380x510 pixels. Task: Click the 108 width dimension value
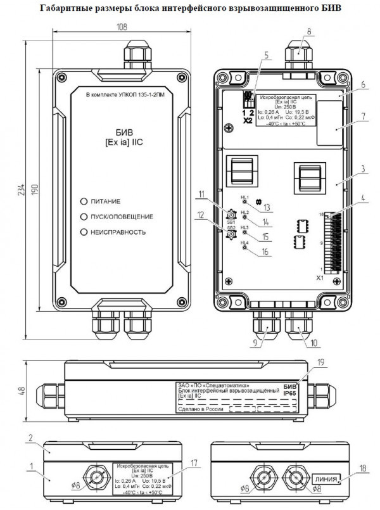[122, 27]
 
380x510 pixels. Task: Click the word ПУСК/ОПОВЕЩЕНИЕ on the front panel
[122, 216]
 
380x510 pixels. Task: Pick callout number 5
[266, 54]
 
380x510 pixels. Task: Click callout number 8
[309, 30]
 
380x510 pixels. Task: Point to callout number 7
[346, 118]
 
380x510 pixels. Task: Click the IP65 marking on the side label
[289, 393]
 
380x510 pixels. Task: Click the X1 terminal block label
[319, 277]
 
